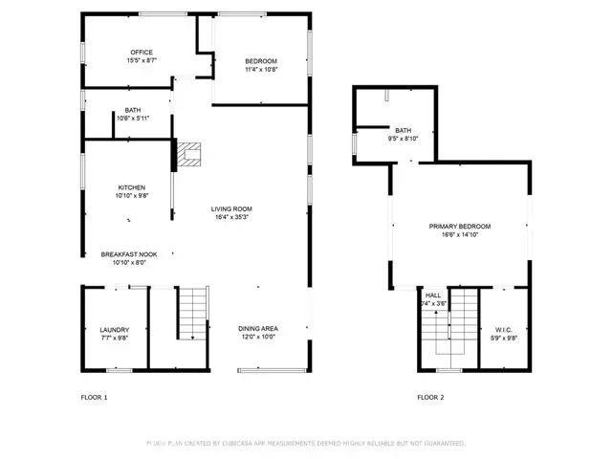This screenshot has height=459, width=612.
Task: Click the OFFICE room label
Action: click(142, 52)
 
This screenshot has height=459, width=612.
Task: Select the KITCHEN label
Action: click(132, 187)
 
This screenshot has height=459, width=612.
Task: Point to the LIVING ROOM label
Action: click(231, 208)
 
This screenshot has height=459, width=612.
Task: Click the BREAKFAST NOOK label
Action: click(136, 254)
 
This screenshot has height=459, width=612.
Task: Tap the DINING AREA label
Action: click(257, 329)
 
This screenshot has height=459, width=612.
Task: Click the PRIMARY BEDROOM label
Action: click(459, 226)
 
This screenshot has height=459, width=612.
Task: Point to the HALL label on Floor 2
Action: click(433, 295)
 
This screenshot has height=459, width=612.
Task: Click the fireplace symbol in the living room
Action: click(190, 152)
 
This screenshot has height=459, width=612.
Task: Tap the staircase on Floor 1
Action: click(192, 313)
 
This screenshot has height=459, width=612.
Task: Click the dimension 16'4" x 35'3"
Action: click(231, 217)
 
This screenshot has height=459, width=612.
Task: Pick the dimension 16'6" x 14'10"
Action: click(459, 234)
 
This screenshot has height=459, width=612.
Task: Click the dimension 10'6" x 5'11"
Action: click(132, 119)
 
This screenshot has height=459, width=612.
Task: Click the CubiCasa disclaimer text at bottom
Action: click(306, 443)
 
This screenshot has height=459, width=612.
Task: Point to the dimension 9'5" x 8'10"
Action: click(403, 139)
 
